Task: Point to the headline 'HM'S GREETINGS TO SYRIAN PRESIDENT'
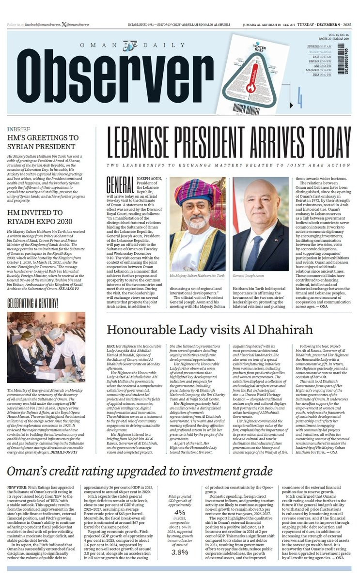pos(43,142)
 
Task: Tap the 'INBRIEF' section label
pos(19,130)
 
